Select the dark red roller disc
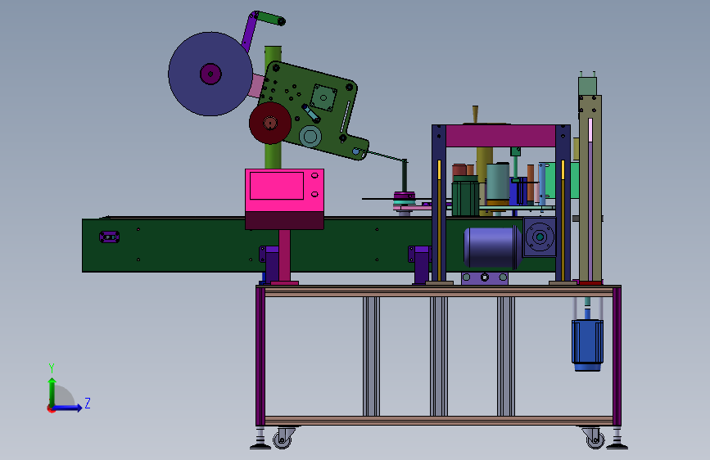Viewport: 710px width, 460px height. (270, 123)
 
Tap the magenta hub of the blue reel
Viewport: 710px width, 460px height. (210, 74)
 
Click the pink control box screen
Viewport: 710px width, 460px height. (277, 186)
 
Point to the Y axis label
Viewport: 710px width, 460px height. (52, 368)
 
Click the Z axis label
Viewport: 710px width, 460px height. (88, 403)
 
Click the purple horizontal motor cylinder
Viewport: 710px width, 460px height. (492, 247)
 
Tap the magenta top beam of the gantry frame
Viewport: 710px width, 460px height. (500, 136)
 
